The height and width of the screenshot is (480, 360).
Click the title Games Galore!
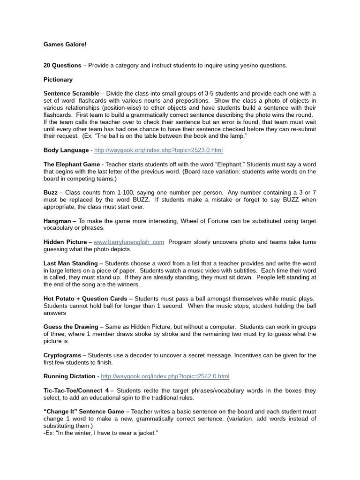click(x=65, y=45)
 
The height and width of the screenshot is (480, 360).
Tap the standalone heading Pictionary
click(x=58, y=80)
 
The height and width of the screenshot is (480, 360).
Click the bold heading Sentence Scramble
click(x=71, y=94)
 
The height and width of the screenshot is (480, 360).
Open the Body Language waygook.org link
click(x=158, y=150)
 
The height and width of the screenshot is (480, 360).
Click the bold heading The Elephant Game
click(x=71, y=165)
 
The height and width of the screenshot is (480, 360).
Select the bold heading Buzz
click(x=51, y=193)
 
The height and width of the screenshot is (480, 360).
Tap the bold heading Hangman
click(x=57, y=221)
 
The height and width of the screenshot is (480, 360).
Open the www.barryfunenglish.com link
click(x=129, y=242)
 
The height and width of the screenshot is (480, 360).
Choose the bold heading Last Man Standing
click(x=70, y=263)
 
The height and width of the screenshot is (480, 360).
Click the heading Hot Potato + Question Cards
click(x=85, y=299)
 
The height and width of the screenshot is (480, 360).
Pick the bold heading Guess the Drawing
click(x=71, y=327)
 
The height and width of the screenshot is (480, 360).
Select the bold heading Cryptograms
click(x=62, y=355)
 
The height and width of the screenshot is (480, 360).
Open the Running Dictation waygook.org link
click(x=165, y=376)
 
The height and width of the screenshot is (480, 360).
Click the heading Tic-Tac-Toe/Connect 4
click(x=76, y=390)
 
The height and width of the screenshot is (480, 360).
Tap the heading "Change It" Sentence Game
click(x=84, y=412)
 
